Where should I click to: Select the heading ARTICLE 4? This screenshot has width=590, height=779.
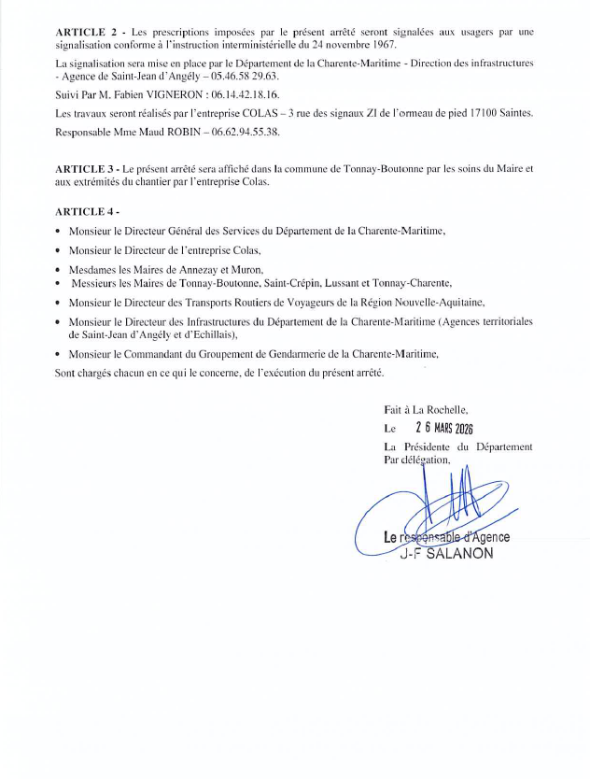tap(85, 212)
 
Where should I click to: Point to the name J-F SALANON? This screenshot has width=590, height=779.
tap(444, 551)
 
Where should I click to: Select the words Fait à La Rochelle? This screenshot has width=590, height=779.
tap(425, 409)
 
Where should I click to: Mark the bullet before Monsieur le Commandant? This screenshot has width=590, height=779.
tap(59, 356)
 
